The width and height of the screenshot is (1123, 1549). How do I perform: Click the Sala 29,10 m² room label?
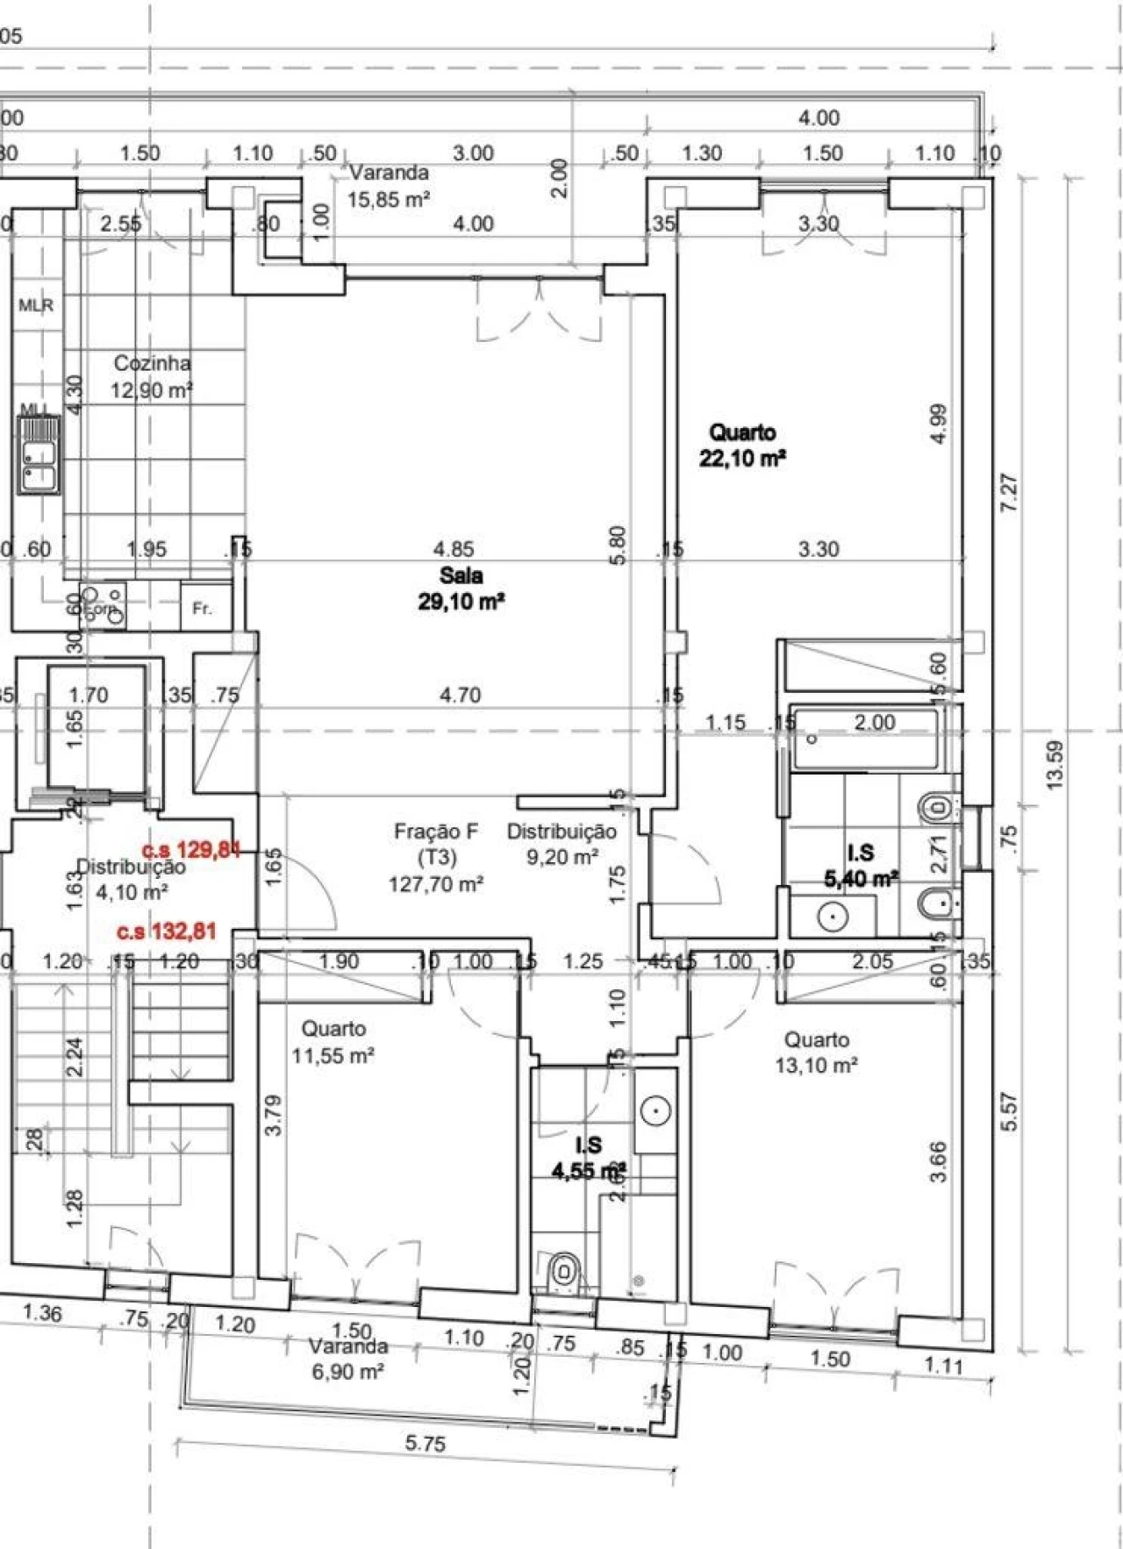pos(461,589)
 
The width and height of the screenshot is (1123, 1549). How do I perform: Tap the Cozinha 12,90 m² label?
pos(152,376)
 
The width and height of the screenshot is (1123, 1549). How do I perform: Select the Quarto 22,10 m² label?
pos(742,445)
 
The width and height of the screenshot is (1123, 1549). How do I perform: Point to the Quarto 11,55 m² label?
pos(333,1042)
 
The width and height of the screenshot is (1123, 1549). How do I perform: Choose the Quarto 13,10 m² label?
pos(816,1053)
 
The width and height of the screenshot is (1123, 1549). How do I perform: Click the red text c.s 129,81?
pos(190,849)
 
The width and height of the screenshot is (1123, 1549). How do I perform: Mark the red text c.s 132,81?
pos(167,932)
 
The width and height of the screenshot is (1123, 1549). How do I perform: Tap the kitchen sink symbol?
pos(39,455)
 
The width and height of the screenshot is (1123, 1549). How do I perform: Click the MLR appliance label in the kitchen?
pos(36,305)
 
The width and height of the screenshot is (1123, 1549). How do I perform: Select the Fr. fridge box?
pos(203,608)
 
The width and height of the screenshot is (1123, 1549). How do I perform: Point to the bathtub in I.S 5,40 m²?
pos(864,739)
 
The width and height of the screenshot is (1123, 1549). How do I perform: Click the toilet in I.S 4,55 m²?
pos(562,1270)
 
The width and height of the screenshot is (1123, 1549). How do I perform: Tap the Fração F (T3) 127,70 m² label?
pos(436,857)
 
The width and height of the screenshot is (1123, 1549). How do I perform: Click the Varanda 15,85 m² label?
pos(388,185)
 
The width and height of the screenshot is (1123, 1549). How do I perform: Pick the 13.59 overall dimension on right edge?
pos(1055,765)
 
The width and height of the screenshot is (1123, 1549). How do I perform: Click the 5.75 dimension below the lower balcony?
pos(426,1443)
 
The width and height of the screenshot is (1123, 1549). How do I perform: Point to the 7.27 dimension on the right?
pos(1009,493)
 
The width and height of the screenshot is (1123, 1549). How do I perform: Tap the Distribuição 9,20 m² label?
pos(561,844)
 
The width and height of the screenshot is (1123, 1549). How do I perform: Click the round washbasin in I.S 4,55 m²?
pos(655,1110)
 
